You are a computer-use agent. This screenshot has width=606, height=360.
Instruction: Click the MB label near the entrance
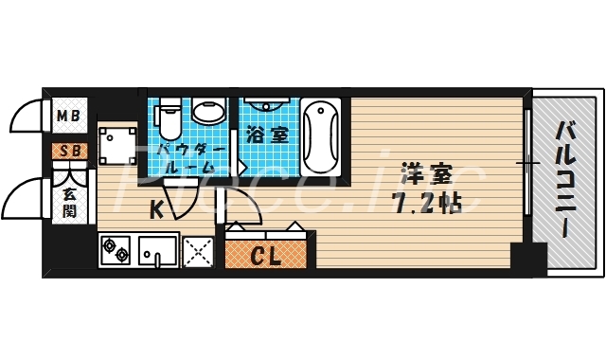pos(69,117)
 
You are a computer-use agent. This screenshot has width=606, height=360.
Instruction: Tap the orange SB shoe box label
pos(69,150)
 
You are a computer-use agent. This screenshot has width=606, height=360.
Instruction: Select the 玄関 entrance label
pos(70,203)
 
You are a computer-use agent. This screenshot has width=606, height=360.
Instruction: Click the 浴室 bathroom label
pos(268,135)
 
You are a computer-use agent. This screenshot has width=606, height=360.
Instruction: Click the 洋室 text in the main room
pos(426,176)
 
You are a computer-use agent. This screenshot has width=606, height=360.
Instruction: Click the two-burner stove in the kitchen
pos(116,251)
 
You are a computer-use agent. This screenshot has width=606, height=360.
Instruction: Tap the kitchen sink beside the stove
pos(156,251)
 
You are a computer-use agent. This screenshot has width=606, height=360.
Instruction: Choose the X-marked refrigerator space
pos(199,251)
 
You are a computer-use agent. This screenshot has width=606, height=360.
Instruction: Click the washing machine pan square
pos(118,146)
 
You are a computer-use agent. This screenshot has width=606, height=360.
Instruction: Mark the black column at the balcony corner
pos(528,256)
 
